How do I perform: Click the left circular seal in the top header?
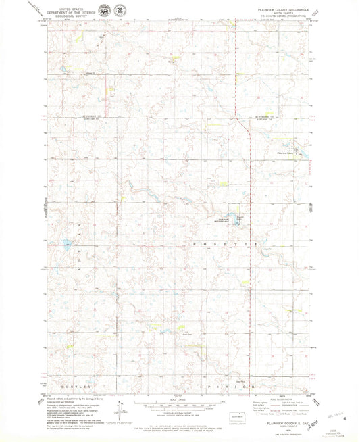pos(102,11)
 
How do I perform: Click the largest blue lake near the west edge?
pos(67,244)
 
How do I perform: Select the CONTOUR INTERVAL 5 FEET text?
pos(178,410)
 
